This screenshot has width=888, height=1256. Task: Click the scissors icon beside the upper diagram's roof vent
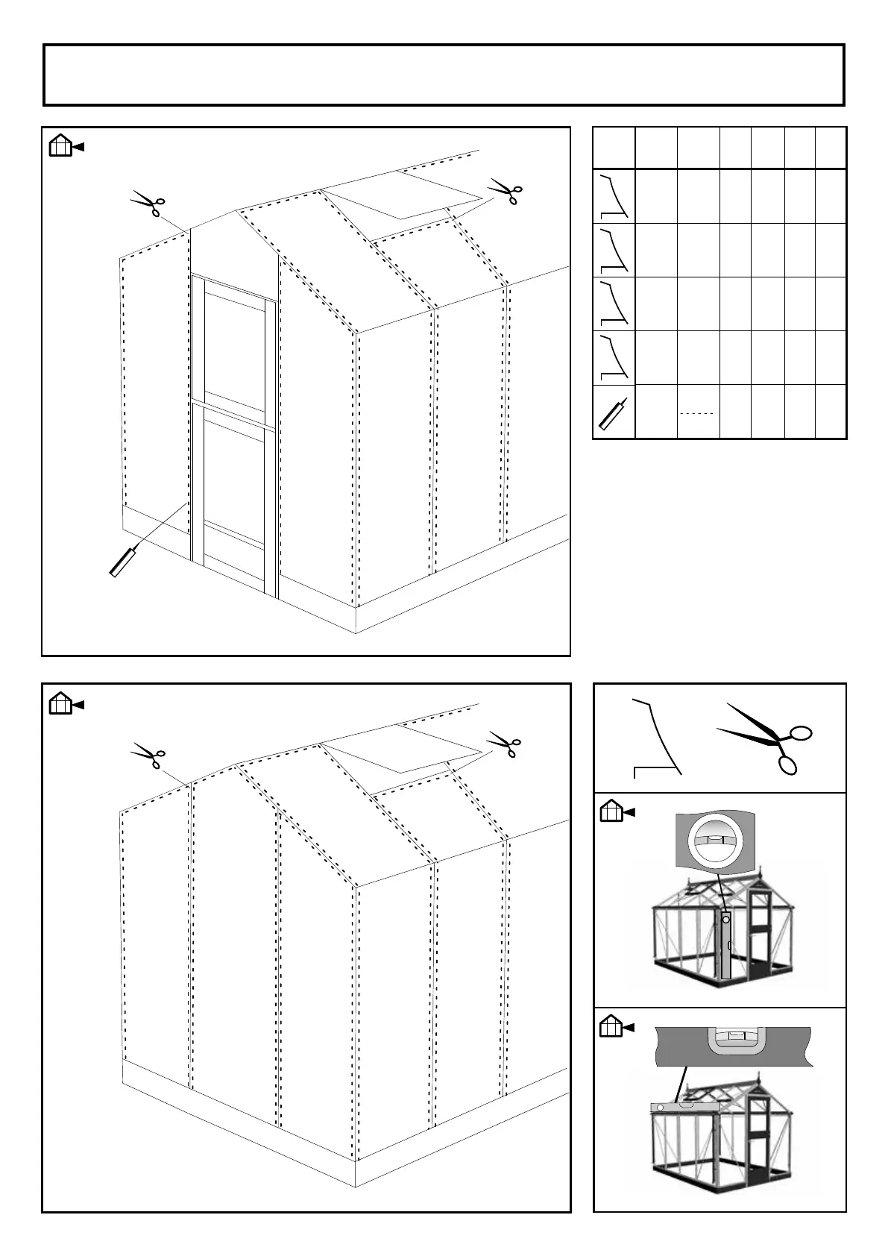pos(505,189)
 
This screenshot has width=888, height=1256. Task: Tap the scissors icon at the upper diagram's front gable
pos(148,203)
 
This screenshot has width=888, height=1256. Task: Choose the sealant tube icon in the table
pos(613,412)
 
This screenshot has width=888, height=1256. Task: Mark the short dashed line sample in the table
pos(697,412)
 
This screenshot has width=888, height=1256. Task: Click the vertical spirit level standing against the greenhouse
pos(725,943)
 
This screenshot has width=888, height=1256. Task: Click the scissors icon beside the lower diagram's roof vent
pos(505,744)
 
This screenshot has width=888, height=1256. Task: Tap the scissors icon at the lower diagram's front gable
pos(148,755)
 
